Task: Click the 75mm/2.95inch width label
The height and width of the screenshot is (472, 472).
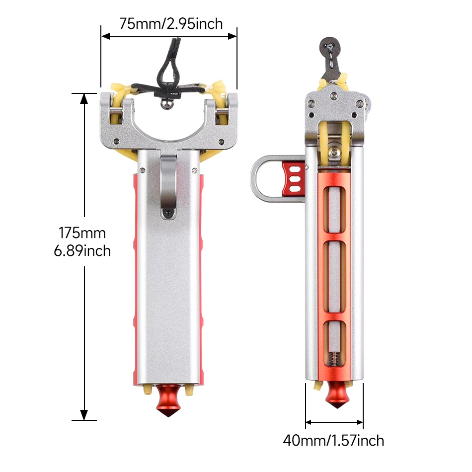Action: [171, 23]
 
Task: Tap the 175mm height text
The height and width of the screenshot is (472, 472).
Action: [82, 233]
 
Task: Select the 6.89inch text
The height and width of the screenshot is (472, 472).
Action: [82, 251]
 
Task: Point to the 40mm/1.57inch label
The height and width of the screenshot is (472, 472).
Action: [333, 441]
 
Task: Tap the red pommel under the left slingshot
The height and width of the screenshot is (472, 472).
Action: [168, 400]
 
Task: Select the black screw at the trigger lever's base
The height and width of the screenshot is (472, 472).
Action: [167, 213]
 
